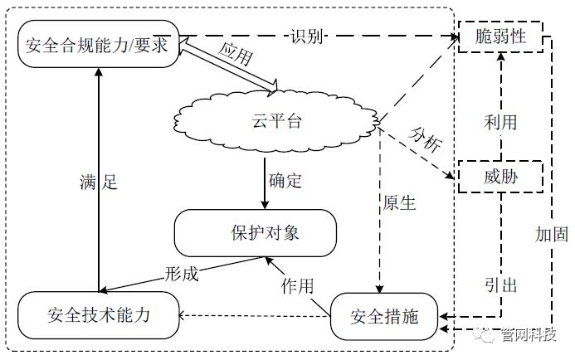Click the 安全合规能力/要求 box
(x=98, y=45)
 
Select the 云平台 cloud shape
(x=277, y=121)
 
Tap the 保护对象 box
(x=255, y=232)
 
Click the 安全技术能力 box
(x=98, y=314)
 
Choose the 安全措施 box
(x=385, y=316)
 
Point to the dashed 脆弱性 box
(x=499, y=37)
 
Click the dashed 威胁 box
(x=499, y=177)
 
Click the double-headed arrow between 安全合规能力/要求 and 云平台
(x=226, y=64)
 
